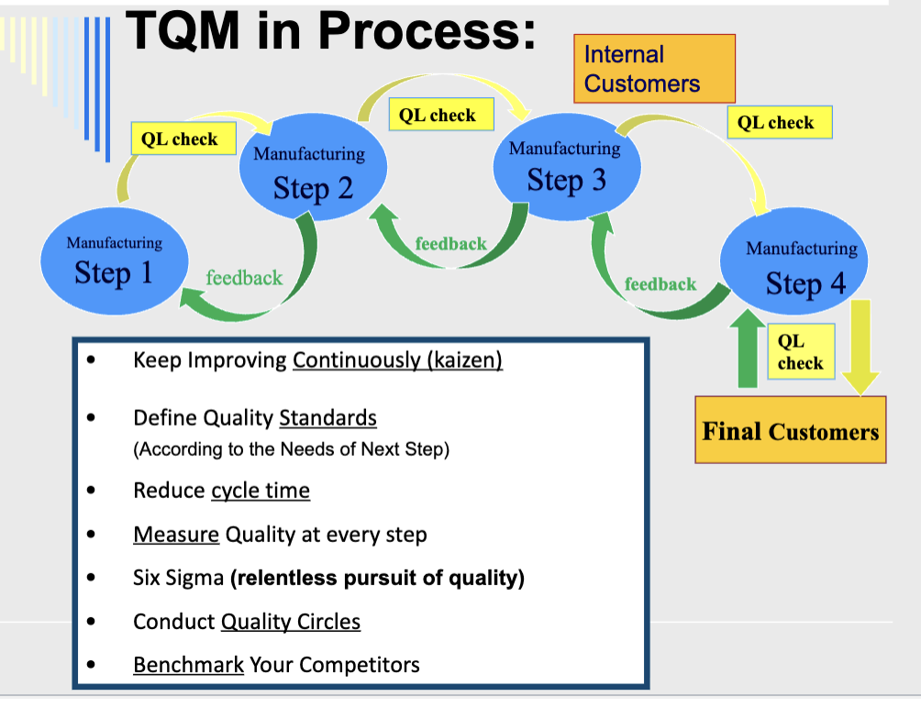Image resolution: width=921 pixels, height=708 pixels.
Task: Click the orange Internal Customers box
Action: [654, 69]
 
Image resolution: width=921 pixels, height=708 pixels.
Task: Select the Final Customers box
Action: [790, 430]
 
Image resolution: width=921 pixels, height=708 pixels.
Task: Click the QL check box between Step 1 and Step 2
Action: [183, 139]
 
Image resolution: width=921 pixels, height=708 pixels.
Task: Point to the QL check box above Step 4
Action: [778, 122]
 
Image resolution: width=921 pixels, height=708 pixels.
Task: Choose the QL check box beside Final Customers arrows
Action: [800, 352]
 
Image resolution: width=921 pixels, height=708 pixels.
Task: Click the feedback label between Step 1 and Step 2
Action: [244, 277]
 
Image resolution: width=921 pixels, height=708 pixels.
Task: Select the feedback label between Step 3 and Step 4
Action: [660, 284]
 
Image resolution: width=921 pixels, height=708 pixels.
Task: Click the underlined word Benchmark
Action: [188, 664]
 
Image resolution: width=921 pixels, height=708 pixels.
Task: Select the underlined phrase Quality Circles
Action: [291, 622]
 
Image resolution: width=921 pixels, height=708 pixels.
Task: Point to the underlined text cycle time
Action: [261, 491]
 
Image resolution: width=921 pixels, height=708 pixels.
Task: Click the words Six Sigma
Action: [177, 579]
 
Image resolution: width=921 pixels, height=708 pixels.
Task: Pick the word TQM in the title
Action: [183, 31]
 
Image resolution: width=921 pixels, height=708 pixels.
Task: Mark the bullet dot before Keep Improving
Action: [90, 360]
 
